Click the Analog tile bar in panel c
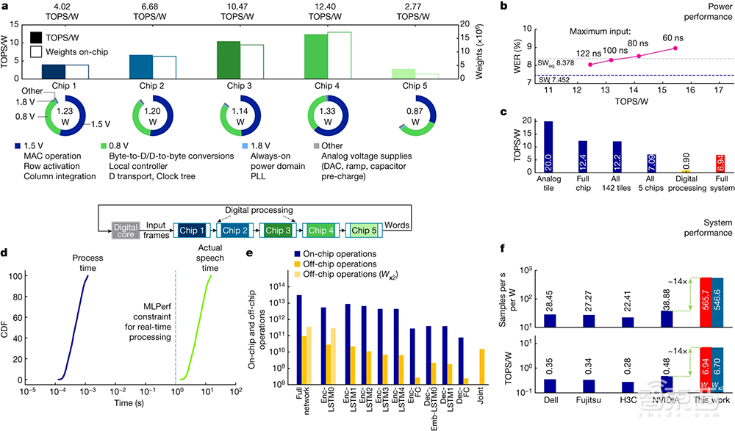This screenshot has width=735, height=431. (548, 147)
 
